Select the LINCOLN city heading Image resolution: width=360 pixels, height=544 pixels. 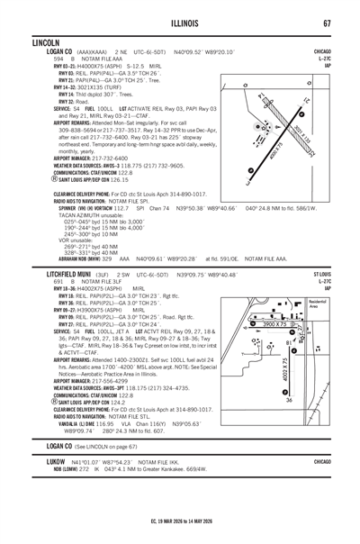point(46,43)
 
